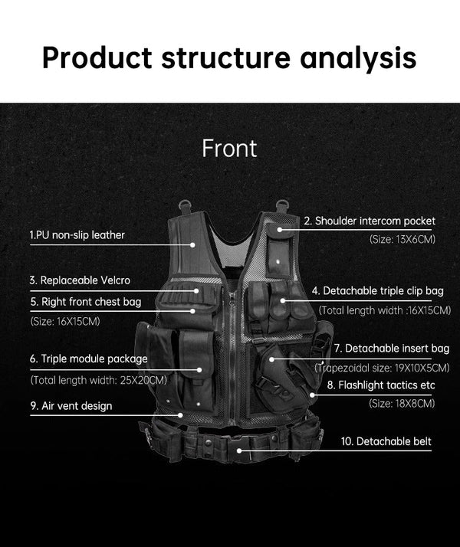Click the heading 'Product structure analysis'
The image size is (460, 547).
click(229, 57)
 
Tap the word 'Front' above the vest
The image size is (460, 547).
click(229, 148)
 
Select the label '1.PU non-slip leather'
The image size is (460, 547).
click(77, 234)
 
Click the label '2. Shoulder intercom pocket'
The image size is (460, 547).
click(370, 221)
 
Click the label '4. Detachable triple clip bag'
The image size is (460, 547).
click(377, 291)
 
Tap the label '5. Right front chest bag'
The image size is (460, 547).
click(86, 302)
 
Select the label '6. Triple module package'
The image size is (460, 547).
click(88, 359)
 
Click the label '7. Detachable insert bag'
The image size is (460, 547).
click(391, 348)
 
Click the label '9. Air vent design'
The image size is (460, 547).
click(71, 406)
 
